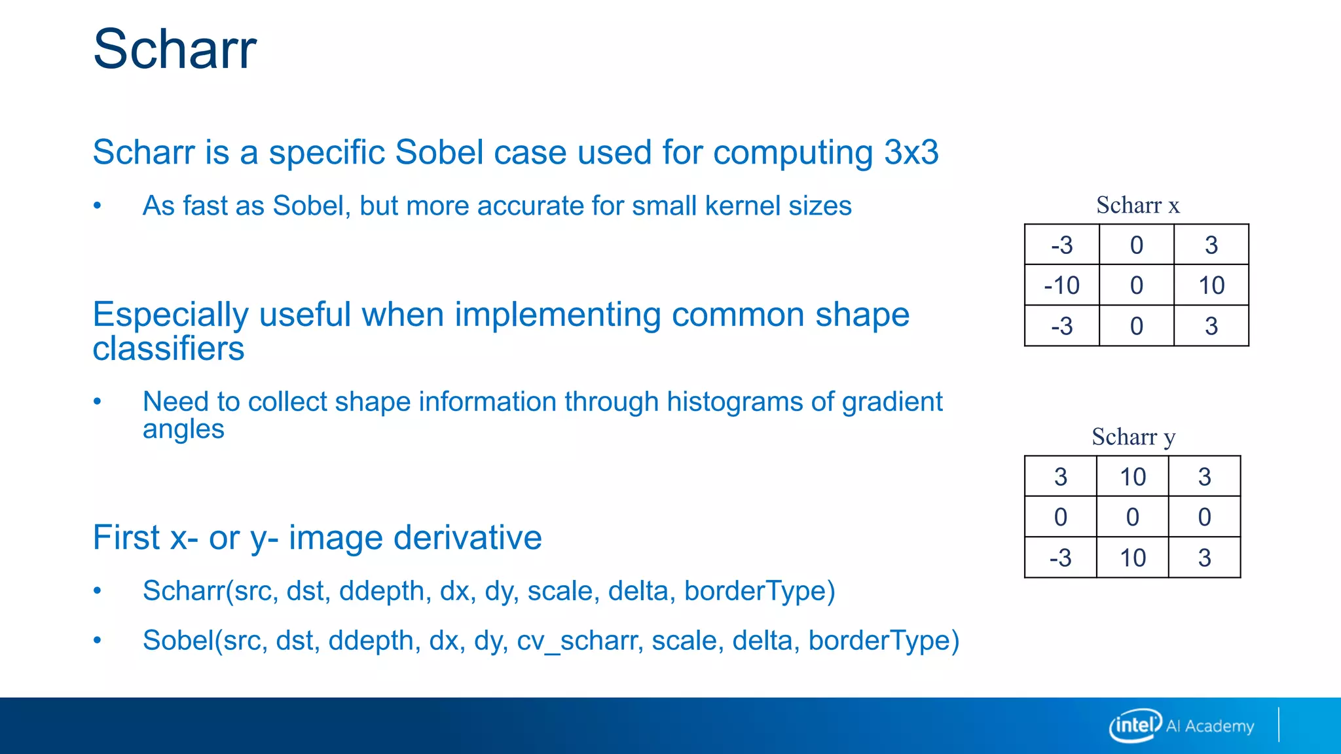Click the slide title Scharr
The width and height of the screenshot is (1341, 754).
click(175, 49)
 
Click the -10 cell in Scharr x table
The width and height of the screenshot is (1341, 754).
click(1061, 285)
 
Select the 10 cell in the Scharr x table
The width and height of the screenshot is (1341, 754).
click(1211, 285)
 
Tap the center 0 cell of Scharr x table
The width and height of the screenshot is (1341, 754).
click(1136, 285)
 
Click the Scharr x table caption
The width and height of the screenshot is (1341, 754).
click(1137, 206)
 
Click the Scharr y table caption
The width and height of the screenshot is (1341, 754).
click(1133, 437)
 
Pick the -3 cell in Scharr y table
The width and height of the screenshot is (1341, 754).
click(1060, 558)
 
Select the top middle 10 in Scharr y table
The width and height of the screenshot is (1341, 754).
click(1132, 477)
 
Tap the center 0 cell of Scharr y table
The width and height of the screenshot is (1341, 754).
click(1132, 518)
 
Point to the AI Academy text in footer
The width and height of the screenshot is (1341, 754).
click(1209, 727)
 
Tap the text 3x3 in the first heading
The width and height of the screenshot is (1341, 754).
click(911, 153)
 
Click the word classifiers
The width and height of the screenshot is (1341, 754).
click(168, 349)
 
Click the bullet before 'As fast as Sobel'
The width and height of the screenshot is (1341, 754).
click(98, 206)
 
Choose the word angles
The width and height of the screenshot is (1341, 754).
click(183, 430)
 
